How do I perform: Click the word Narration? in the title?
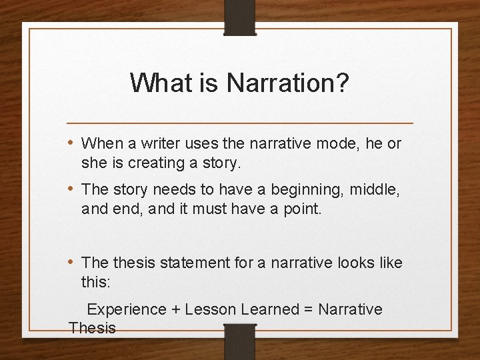[287, 83]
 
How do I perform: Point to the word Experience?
[127, 309]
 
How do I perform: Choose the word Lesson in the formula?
[209, 309]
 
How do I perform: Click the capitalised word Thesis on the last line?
[93, 328]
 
